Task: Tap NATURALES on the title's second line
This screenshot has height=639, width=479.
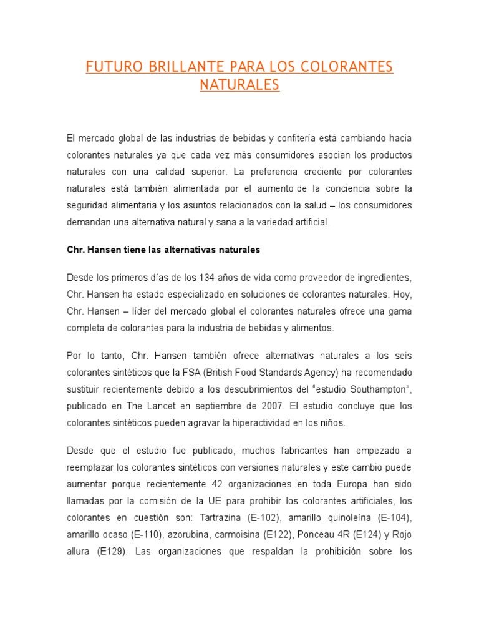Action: [x=239, y=84]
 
